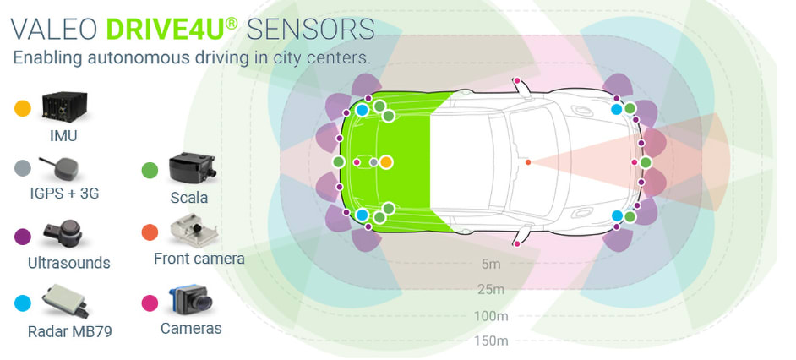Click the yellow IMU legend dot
click(x=23, y=108)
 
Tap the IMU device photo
click(x=65, y=106)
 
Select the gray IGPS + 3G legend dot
click(x=23, y=168)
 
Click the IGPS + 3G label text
click(x=64, y=194)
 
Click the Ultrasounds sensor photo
click(x=66, y=232)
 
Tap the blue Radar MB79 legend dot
click(x=23, y=302)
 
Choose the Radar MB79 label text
click(x=68, y=330)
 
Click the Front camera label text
click(x=199, y=259)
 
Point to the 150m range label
click(x=491, y=341)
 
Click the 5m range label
click(x=491, y=265)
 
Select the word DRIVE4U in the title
click(x=166, y=29)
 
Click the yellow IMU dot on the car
click(x=385, y=161)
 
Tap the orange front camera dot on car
click(x=528, y=161)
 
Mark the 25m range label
click(x=491, y=290)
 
